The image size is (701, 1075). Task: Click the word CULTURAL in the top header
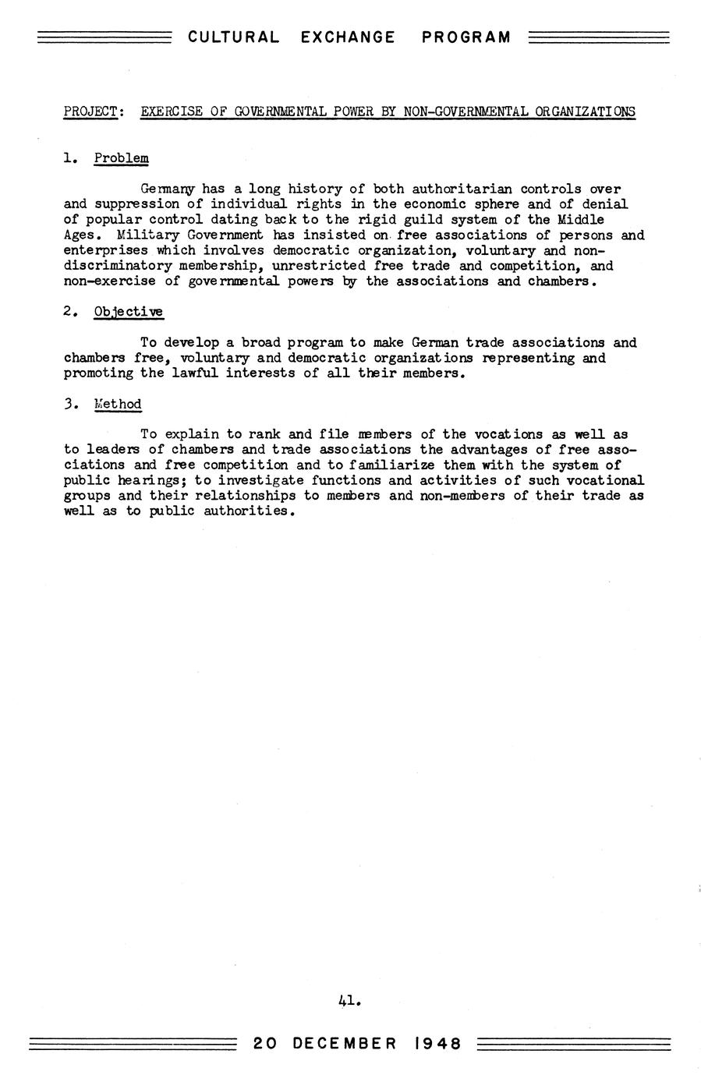[233, 37]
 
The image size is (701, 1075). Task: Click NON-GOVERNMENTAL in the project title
[466, 111]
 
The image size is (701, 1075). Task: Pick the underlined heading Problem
[121, 158]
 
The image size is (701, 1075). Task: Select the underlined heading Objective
[129, 312]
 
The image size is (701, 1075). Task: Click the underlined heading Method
[118, 404]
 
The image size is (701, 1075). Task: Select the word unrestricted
[318, 266]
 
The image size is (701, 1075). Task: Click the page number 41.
[349, 999]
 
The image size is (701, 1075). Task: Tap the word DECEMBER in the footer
[345, 1044]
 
